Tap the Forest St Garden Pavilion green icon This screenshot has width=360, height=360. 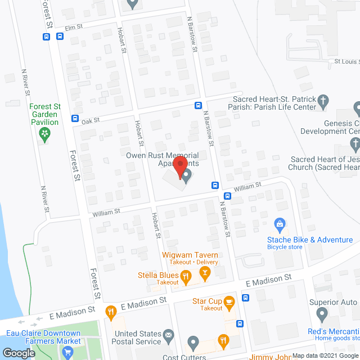pos(44,133)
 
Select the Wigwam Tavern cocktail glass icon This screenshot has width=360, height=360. pos(205,274)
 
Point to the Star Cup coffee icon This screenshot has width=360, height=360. pos(229,302)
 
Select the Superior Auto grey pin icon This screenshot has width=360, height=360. pos(322,314)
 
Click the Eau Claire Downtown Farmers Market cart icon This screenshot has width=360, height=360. pos(69,353)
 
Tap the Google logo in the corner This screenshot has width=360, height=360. pos(18,353)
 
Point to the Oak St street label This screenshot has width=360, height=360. pos(90,120)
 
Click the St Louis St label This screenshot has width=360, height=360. pos(346,61)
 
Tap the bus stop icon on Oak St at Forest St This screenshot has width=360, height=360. pos(75,119)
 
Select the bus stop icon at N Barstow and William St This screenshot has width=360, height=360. pos(215,185)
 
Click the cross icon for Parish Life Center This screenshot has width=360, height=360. pos(323,101)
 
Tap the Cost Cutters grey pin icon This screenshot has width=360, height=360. pos(193,342)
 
